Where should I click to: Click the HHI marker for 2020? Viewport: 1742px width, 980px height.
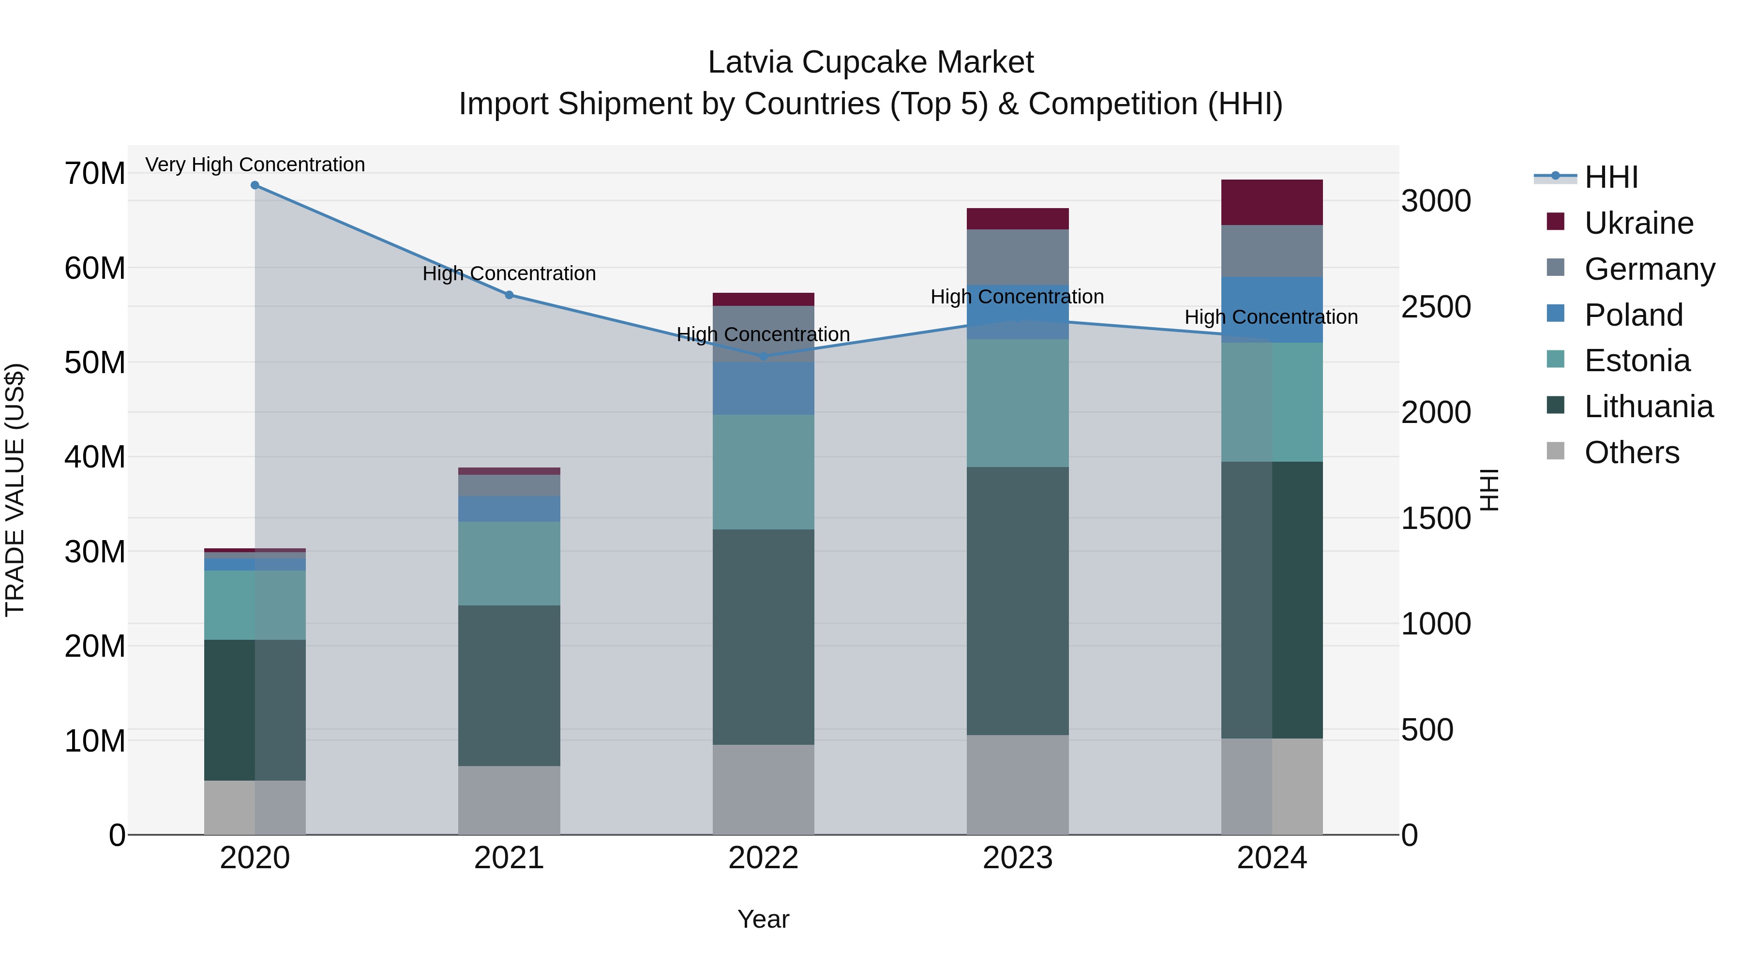255,185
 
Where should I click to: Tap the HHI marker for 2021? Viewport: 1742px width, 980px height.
509,295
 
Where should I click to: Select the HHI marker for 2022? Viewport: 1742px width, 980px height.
764,356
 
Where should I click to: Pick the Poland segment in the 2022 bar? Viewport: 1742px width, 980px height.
764,388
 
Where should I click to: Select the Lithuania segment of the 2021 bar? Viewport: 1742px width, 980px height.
509,685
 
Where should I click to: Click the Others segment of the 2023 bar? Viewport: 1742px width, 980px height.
1017,784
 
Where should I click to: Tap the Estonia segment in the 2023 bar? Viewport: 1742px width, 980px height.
1017,403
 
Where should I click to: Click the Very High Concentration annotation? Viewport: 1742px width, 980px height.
255,165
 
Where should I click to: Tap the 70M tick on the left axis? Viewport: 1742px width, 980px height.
95,174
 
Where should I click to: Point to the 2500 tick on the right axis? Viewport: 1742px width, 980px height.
1436,307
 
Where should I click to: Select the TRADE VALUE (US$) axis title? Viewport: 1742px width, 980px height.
15,490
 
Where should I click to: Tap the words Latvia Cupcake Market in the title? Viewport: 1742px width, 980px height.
871,63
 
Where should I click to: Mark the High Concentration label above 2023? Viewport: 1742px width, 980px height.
1017,297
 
